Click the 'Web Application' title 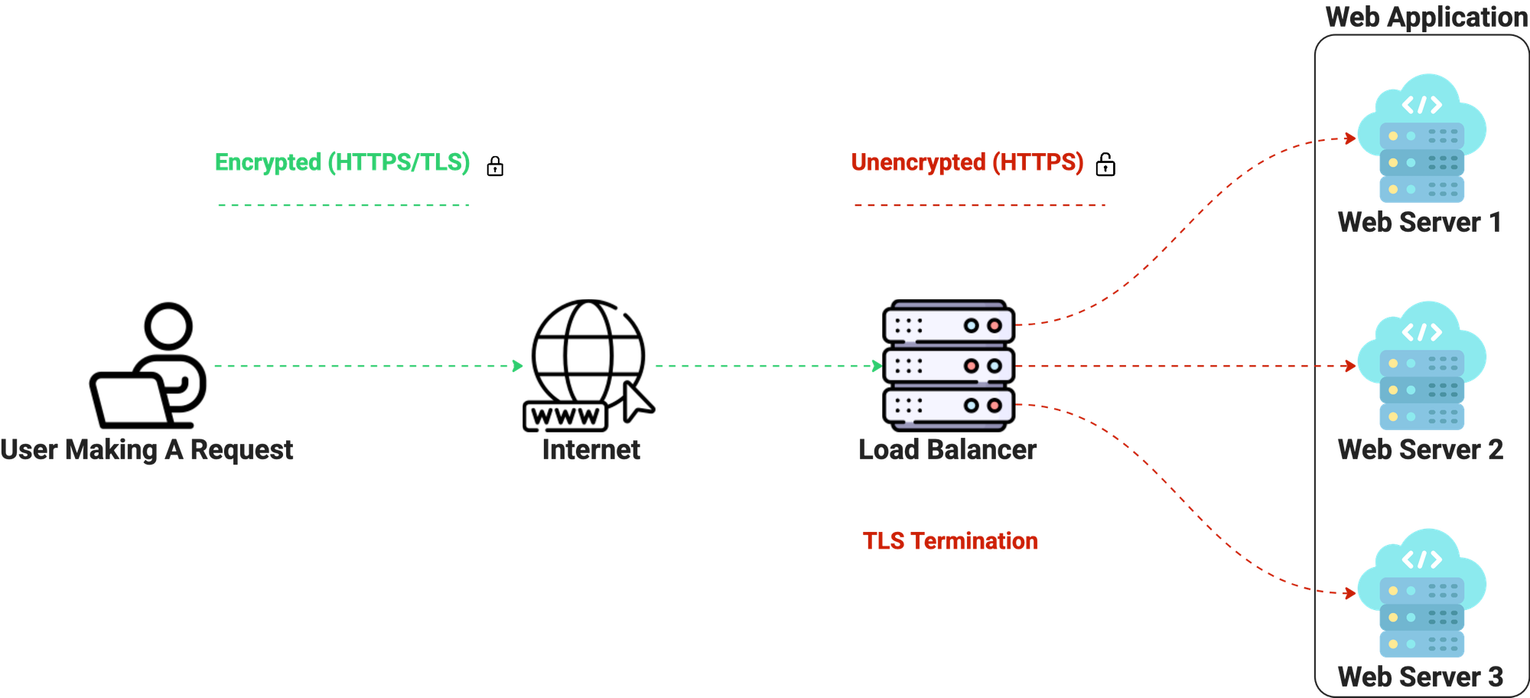pyautogui.click(x=1426, y=17)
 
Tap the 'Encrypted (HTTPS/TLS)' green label pyautogui.click(x=342, y=162)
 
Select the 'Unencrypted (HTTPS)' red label pyautogui.click(x=967, y=162)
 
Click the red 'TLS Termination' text pyautogui.click(x=950, y=541)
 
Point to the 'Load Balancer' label pyautogui.click(x=948, y=449)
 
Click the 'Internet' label pyautogui.click(x=591, y=449)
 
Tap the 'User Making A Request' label pyautogui.click(x=146, y=449)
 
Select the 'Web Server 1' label pyautogui.click(x=1420, y=223)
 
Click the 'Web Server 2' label pyautogui.click(x=1420, y=449)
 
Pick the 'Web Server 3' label pyautogui.click(x=1420, y=677)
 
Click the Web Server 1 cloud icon pyautogui.click(x=1422, y=138)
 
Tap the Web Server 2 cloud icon pyautogui.click(x=1422, y=365)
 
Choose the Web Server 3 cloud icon pyautogui.click(x=1422, y=592)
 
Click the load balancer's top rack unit pyautogui.click(x=949, y=325)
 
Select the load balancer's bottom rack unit pyautogui.click(x=949, y=406)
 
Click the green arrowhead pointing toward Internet pyautogui.click(x=519, y=366)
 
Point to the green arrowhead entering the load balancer pyautogui.click(x=877, y=366)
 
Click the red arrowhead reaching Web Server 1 pyautogui.click(x=1350, y=139)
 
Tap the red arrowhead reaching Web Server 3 pyautogui.click(x=1350, y=593)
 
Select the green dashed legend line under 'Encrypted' pyautogui.click(x=343, y=205)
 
